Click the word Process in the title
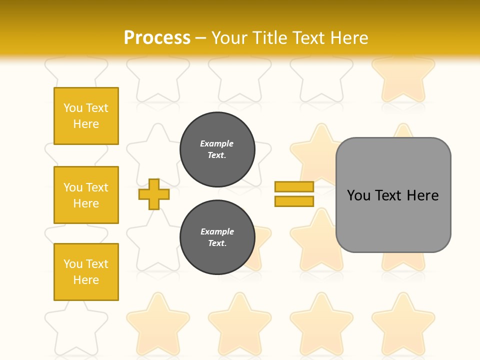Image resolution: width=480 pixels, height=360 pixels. tap(157, 38)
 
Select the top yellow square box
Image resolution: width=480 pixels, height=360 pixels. tap(86, 116)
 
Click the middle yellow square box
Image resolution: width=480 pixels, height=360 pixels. tap(86, 195)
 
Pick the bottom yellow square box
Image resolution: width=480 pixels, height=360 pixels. tap(86, 272)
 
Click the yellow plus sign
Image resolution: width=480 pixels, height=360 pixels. tap(154, 194)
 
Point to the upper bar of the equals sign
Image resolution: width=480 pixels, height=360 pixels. tap(294, 186)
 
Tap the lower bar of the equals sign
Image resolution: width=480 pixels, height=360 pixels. tap(294, 201)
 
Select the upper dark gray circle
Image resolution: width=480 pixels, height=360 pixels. tap(217, 149)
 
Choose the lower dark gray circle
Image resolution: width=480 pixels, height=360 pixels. tap(217, 237)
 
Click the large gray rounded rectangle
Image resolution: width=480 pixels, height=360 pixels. tap(393, 220)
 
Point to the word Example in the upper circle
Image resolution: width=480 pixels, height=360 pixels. tap(217, 143)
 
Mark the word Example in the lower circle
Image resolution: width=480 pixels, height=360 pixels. tap(217, 231)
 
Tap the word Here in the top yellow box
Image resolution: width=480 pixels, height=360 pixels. tap(86, 124)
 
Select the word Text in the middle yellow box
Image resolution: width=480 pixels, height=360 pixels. tap(96, 187)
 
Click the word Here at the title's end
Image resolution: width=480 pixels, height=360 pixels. tap(349, 38)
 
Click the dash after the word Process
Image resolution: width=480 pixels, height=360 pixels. tap(201, 38)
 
